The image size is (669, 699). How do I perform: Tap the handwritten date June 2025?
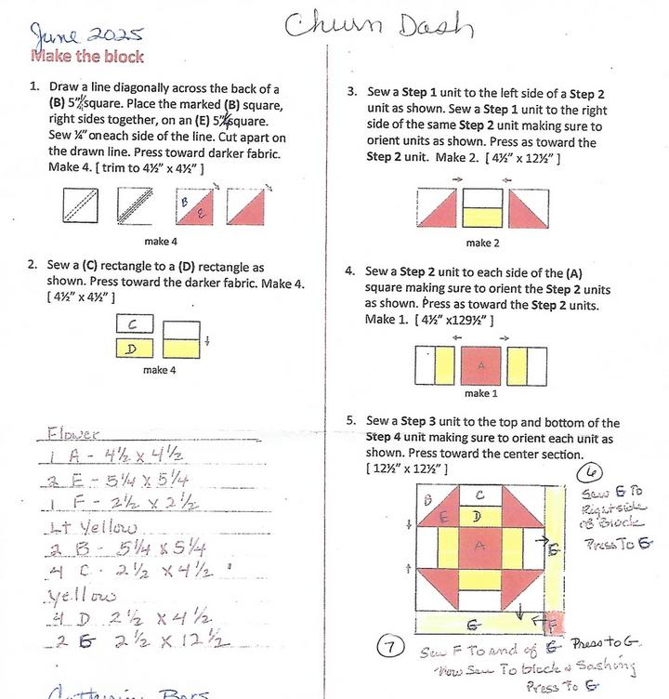[x=86, y=35]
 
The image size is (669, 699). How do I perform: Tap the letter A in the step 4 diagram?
[x=480, y=364]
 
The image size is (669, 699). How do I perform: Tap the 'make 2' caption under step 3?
[x=479, y=243]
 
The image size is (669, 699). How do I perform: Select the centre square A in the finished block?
[x=479, y=547]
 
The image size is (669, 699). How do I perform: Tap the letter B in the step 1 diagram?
[x=186, y=200]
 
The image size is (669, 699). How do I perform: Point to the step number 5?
[x=351, y=421]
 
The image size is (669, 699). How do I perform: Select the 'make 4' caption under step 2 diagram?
[x=160, y=370]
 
